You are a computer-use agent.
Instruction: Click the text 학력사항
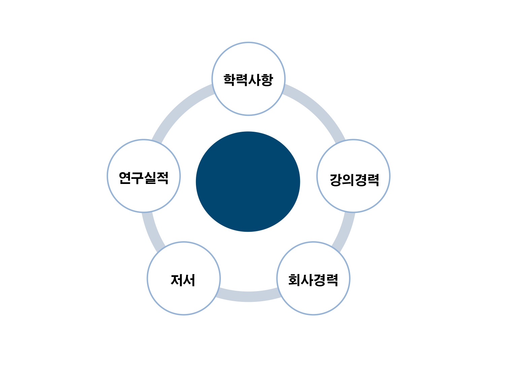(x=248, y=80)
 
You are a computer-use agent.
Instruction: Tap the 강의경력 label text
(x=354, y=180)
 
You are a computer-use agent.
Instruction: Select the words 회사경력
(x=313, y=280)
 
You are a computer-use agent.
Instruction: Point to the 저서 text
(x=183, y=280)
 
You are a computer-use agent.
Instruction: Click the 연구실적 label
(x=144, y=178)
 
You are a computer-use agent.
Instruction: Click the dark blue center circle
(x=248, y=182)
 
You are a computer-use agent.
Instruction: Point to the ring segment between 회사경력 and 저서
(x=248, y=296)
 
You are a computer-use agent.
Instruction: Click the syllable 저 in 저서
(x=177, y=280)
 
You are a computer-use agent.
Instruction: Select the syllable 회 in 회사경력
(x=295, y=280)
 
